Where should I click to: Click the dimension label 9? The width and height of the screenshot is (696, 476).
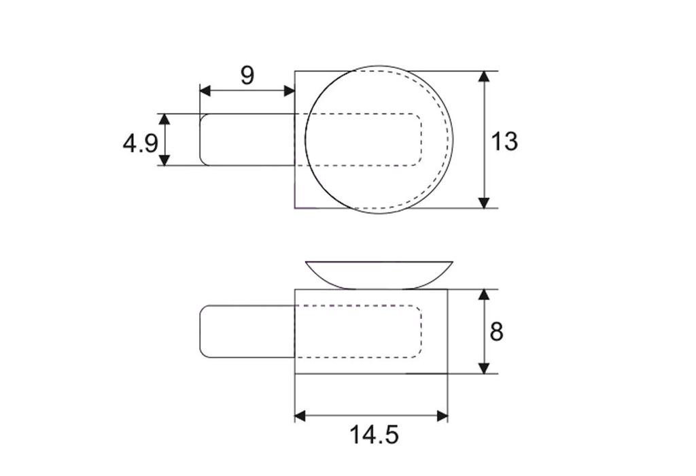(x=247, y=75)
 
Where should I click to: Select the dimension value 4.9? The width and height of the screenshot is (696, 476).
(x=140, y=143)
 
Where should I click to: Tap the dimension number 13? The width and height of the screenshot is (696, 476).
(x=504, y=141)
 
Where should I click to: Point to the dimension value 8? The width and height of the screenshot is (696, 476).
(x=496, y=332)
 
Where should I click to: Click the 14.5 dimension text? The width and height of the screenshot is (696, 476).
(x=374, y=435)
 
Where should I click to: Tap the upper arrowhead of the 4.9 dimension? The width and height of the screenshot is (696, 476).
(x=164, y=119)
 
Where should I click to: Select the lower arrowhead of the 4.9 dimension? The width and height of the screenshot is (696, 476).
(x=164, y=160)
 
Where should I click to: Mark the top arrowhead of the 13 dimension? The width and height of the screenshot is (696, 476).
(x=484, y=76)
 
